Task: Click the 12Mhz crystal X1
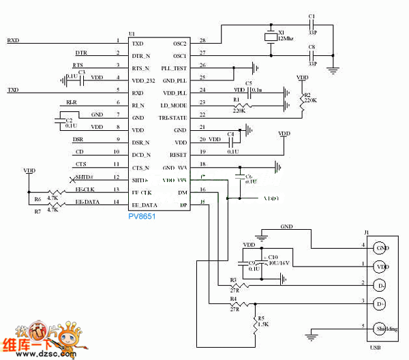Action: (267, 37)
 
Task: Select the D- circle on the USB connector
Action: (381, 284)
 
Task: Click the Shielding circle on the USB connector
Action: (382, 328)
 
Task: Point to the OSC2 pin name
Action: (180, 43)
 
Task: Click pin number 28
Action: (202, 42)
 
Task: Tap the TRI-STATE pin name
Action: (174, 117)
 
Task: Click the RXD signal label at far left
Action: (13, 41)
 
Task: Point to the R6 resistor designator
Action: (37, 199)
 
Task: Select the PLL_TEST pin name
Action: (175, 67)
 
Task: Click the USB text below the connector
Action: (379, 347)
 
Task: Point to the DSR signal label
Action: (78, 139)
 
